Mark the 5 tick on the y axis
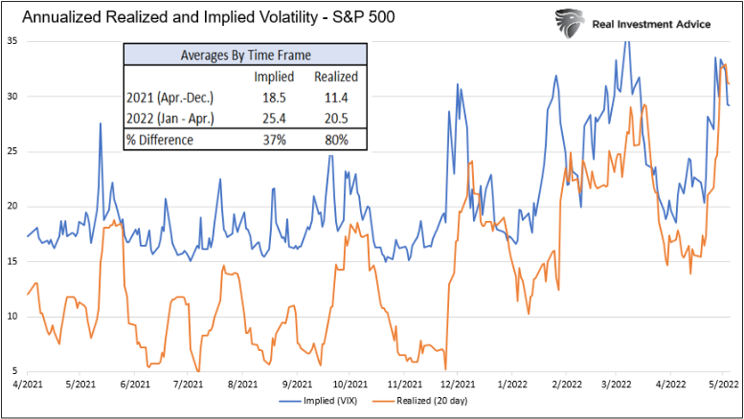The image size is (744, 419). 14,370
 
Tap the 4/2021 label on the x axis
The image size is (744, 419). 28,383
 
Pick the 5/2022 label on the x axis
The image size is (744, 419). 723,383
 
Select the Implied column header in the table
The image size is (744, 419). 273,77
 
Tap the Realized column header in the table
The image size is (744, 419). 336,77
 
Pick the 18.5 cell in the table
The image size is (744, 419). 274,98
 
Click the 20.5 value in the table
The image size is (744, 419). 336,118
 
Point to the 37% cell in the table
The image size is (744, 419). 274,140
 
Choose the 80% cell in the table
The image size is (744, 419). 336,140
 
